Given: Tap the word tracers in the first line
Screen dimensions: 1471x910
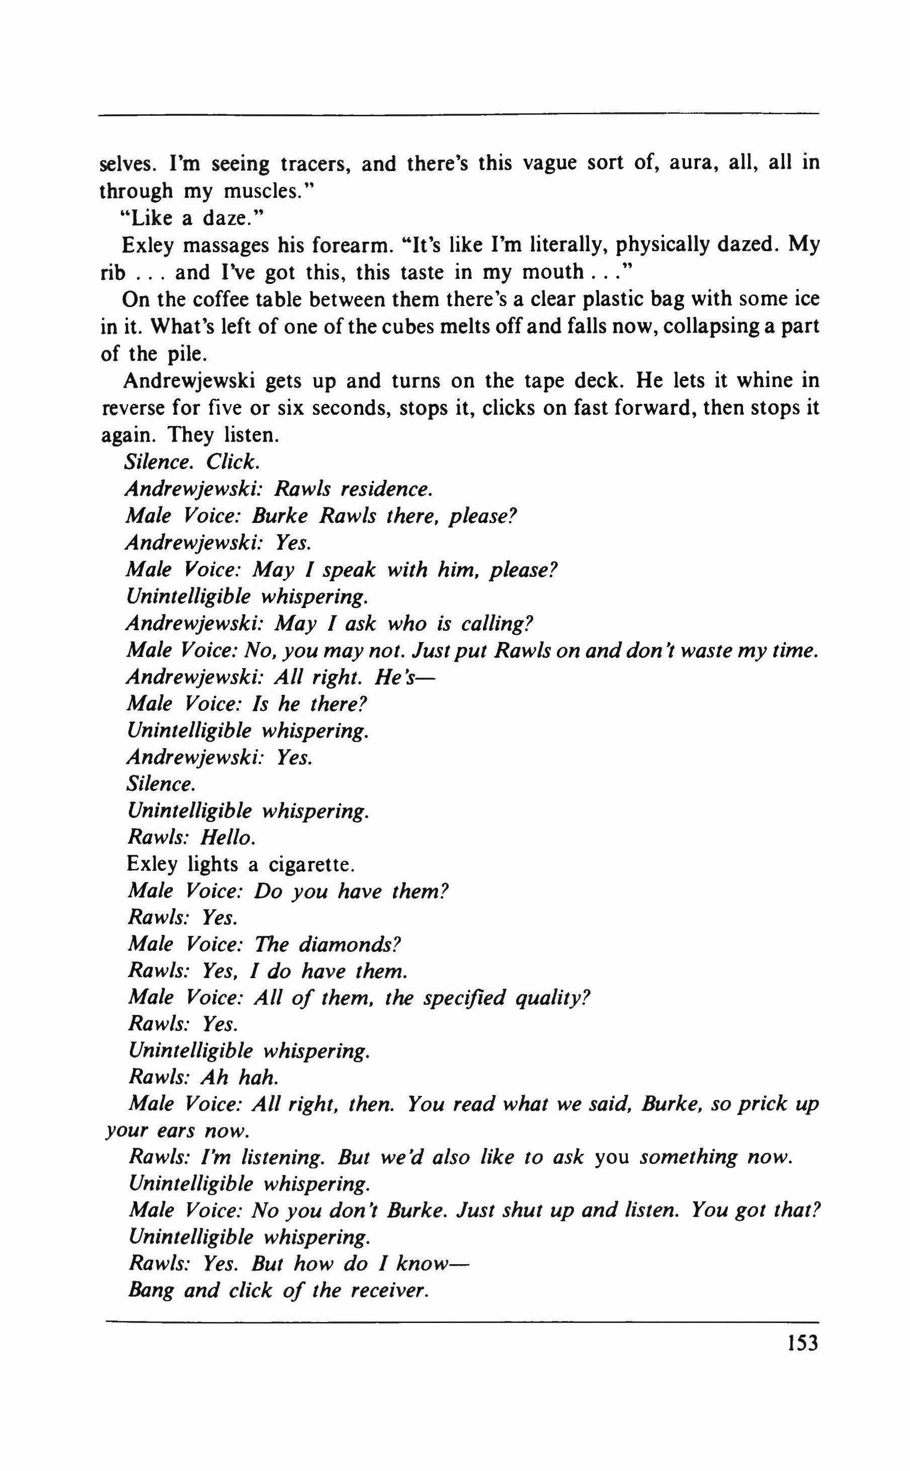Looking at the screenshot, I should pyautogui.click(x=315, y=164).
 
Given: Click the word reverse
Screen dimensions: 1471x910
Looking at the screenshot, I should pyautogui.click(x=132, y=408).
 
